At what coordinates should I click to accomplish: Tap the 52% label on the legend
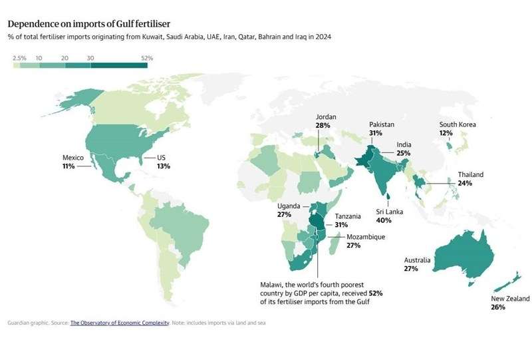[x=148, y=59]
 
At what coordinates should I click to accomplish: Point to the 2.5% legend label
[x=20, y=59]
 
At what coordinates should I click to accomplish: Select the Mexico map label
[x=73, y=158]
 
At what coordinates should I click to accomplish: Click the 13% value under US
[x=164, y=166]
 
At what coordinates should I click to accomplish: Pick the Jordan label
[x=326, y=117]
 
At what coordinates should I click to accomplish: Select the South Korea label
[x=458, y=124]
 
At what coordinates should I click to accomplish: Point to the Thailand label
[x=470, y=175]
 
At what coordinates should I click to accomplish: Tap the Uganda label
[x=289, y=206]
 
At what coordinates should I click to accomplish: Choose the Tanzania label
[x=348, y=216]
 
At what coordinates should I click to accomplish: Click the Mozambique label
[x=366, y=237]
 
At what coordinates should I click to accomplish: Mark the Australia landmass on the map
[x=463, y=253]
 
